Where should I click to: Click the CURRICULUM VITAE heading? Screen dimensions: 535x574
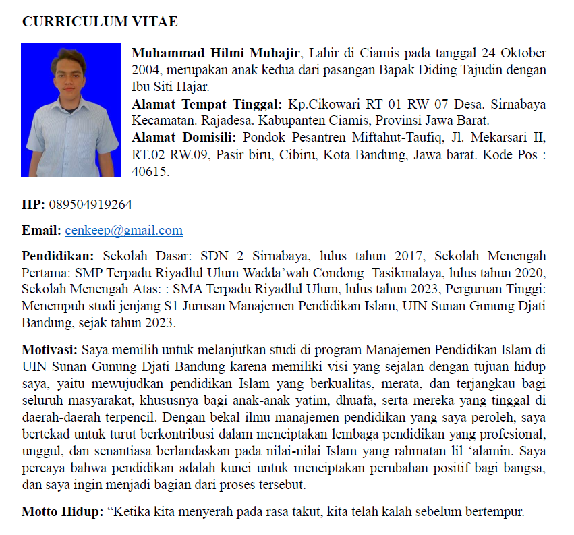point(100,22)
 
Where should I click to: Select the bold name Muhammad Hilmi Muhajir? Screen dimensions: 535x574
point(217,53)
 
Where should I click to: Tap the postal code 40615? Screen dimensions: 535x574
point(149,172)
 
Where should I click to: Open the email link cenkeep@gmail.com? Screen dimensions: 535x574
point(123,231)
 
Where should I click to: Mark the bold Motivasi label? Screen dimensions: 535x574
point(51,350)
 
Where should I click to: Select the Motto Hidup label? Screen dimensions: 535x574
point(62,511)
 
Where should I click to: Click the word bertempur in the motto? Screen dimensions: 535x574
point(494,511)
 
